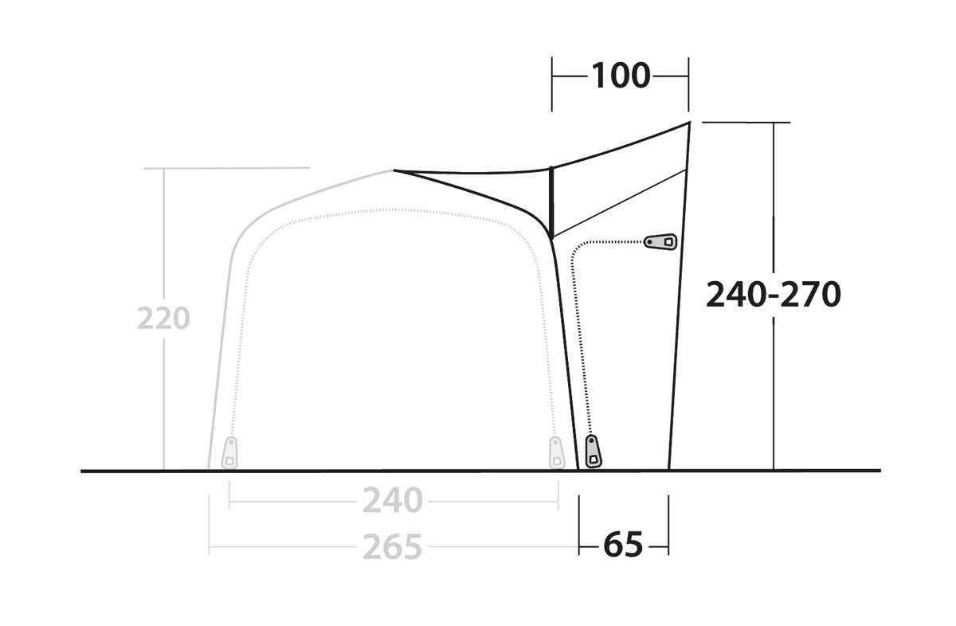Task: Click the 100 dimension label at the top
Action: point(621,76)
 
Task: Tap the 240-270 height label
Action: point(774,295)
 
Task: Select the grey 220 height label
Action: point(163,318)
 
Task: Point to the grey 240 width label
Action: point(393,500)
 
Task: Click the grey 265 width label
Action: point(393,546)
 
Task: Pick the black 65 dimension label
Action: point(623,545)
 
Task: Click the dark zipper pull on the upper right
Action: point(660,242)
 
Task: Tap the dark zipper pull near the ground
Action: point(593,451)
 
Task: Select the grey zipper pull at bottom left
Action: point(229,452)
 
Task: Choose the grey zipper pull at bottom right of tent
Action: point(557,452)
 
